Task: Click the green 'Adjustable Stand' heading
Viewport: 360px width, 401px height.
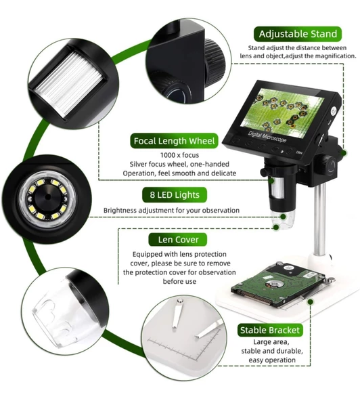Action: [297, 34]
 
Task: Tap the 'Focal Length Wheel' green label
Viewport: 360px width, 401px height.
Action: [175, 141]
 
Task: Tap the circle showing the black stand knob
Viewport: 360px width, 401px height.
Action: [185, 54]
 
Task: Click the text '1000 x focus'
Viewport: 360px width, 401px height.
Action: [175, 155]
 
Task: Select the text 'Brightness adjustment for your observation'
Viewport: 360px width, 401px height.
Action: [171, 211]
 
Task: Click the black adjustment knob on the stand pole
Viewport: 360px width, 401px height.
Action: [328, 164]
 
